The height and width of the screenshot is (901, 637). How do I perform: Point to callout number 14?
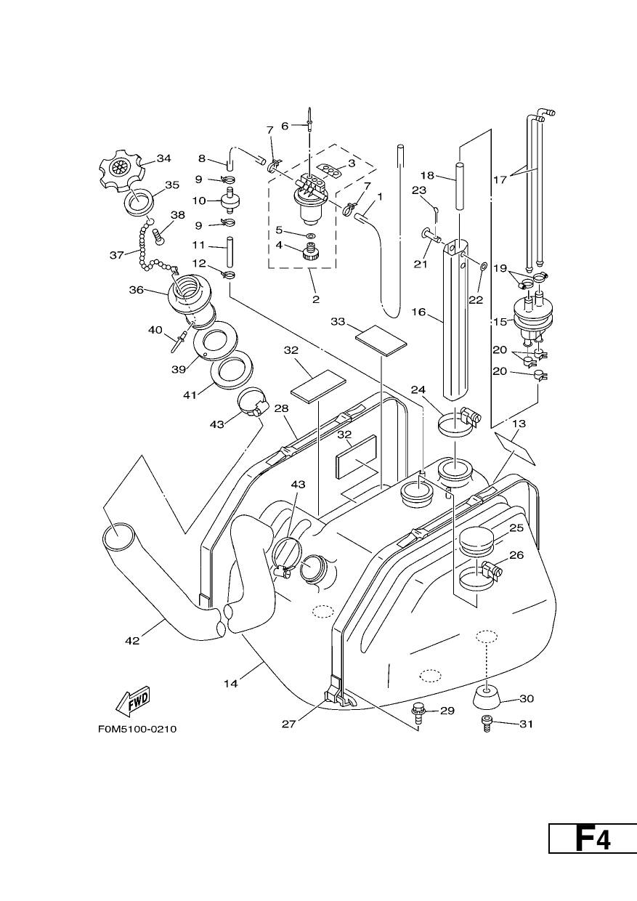[x=231, y=683]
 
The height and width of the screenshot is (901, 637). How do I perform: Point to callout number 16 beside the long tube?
[x=418, y=312]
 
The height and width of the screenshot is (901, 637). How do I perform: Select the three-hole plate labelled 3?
[x=330, y=170]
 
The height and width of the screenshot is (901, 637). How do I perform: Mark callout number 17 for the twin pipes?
[x=500, y=179]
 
